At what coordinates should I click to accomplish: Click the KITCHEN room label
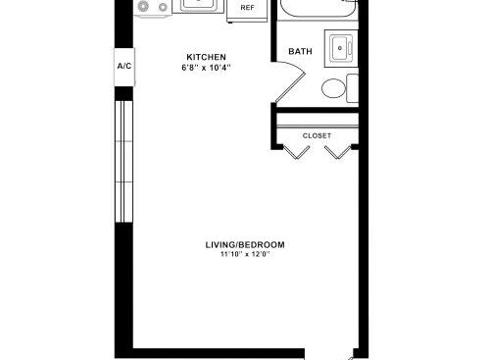206,57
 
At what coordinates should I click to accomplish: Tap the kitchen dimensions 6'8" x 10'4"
206,68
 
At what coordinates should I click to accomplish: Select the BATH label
300,51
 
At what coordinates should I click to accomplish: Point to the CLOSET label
317,135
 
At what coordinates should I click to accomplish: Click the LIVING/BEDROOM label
245,245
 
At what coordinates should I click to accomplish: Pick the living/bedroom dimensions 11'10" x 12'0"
245,254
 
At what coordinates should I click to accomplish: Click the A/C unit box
124,67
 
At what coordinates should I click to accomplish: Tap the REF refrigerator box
247,10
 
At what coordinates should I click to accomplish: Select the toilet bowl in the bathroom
333,88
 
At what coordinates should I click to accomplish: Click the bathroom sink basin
341,49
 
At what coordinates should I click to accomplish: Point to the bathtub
318,8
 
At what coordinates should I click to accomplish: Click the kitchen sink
198,5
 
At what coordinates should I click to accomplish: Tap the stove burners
152,7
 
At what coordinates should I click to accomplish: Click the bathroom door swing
291,81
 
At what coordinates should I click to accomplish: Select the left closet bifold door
296,152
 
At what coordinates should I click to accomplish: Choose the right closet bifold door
338,152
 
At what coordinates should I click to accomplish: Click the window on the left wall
123,162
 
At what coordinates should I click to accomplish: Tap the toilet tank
352,88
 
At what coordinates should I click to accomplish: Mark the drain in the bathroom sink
340,48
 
